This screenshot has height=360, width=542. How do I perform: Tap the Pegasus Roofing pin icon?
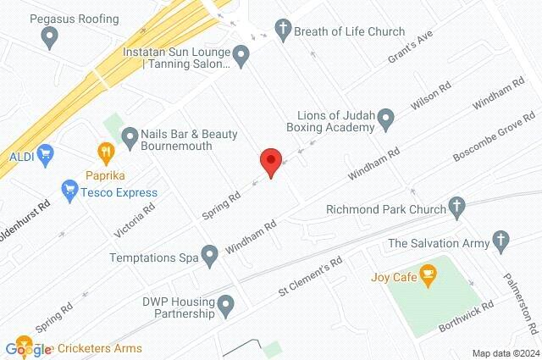tap(49, 36)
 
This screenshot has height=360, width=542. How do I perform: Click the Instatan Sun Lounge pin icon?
tap(241, 58)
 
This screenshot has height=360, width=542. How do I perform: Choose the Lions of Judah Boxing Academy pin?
tap(386, 119)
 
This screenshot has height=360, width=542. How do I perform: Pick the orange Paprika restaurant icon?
tap(106, 153)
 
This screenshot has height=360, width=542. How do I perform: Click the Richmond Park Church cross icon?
tap(456, 206)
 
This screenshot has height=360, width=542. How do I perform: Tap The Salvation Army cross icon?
tap(501, 243)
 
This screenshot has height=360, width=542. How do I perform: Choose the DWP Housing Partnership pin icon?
tap(225, 305)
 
